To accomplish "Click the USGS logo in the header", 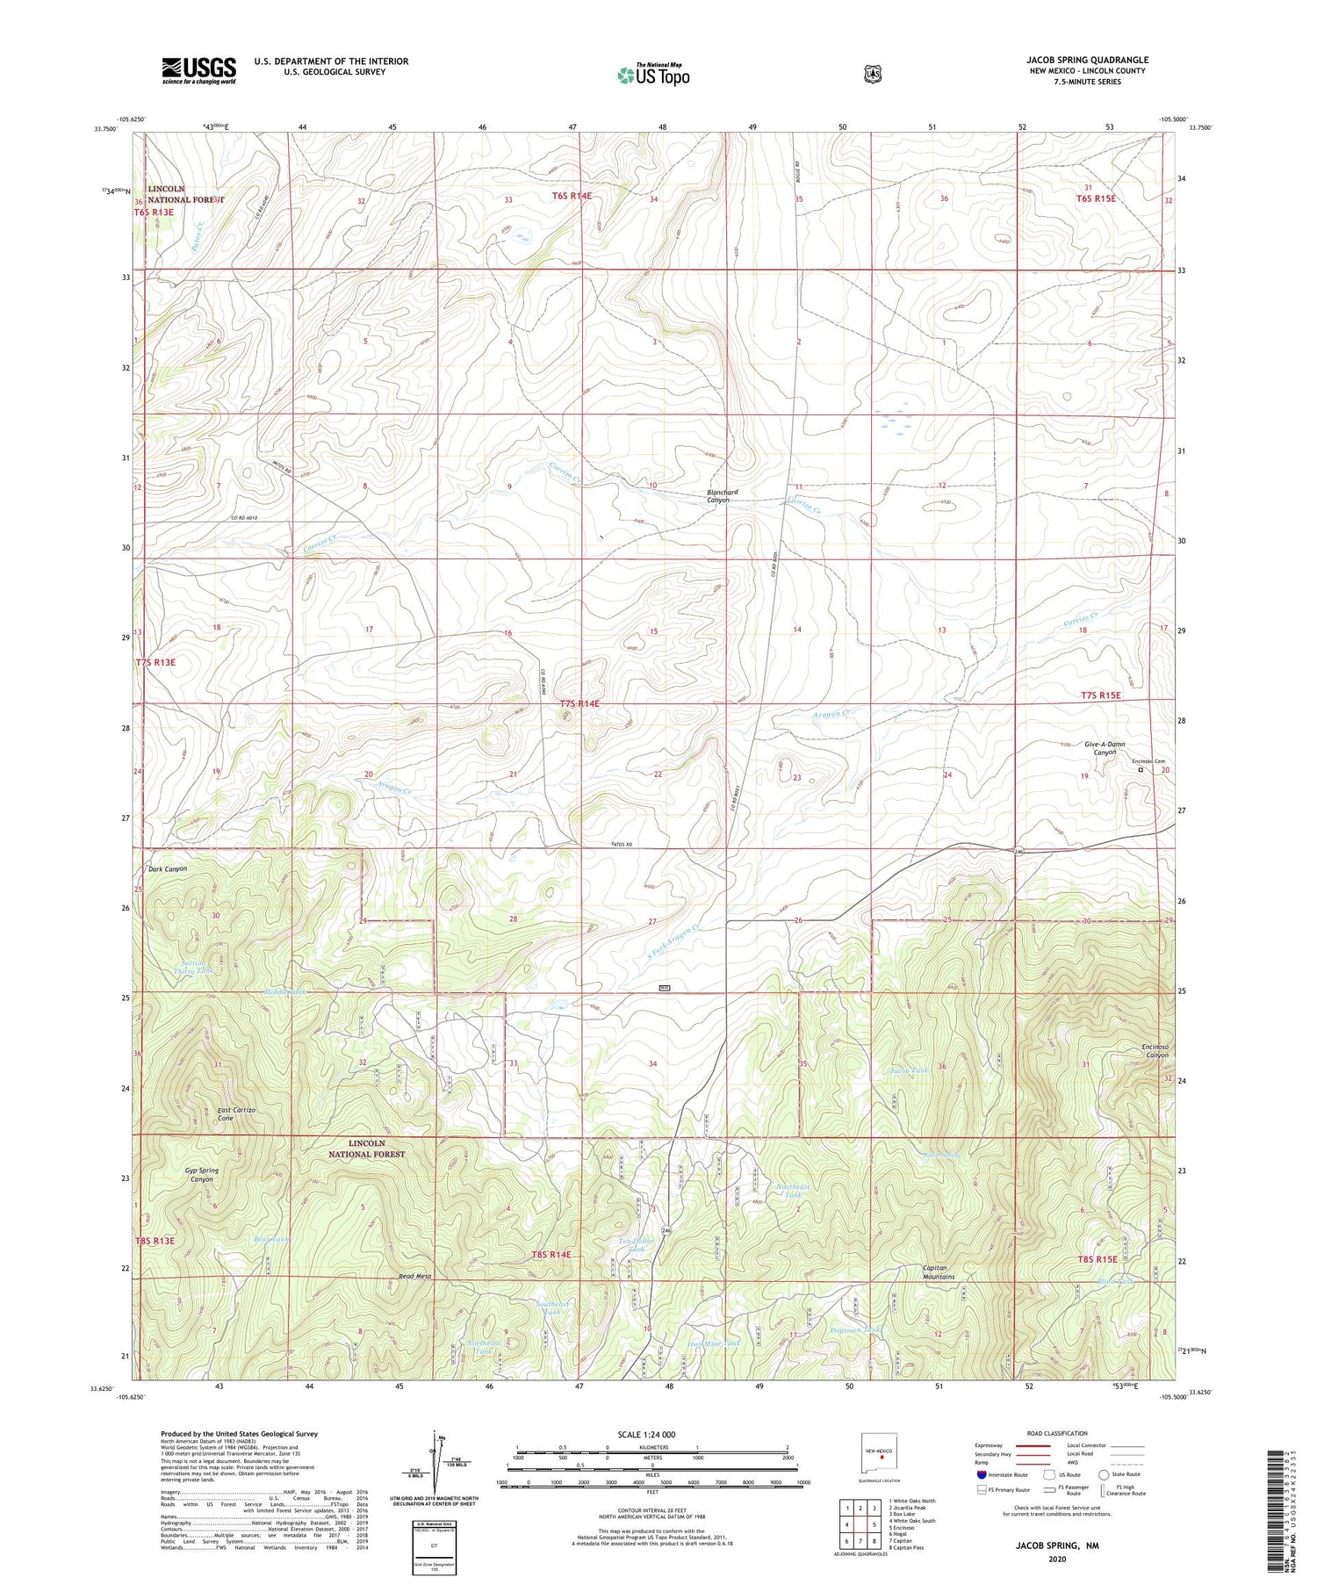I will [x=198, y=70].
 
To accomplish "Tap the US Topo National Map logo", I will [x=653, y=74].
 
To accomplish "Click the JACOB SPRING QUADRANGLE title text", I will [x=1087, y=60].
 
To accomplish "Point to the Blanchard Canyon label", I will [x=723, y=497].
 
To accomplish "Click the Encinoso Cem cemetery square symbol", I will [x=1141, y=770].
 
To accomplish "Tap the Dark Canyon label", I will [x=167, y=868].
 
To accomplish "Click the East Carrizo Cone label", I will [x=236, y=1114].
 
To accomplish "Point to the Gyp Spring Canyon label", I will [x=202, y=1175].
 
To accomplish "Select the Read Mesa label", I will [x=414, y=1276].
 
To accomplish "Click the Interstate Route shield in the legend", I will [x=981, y=1474].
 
